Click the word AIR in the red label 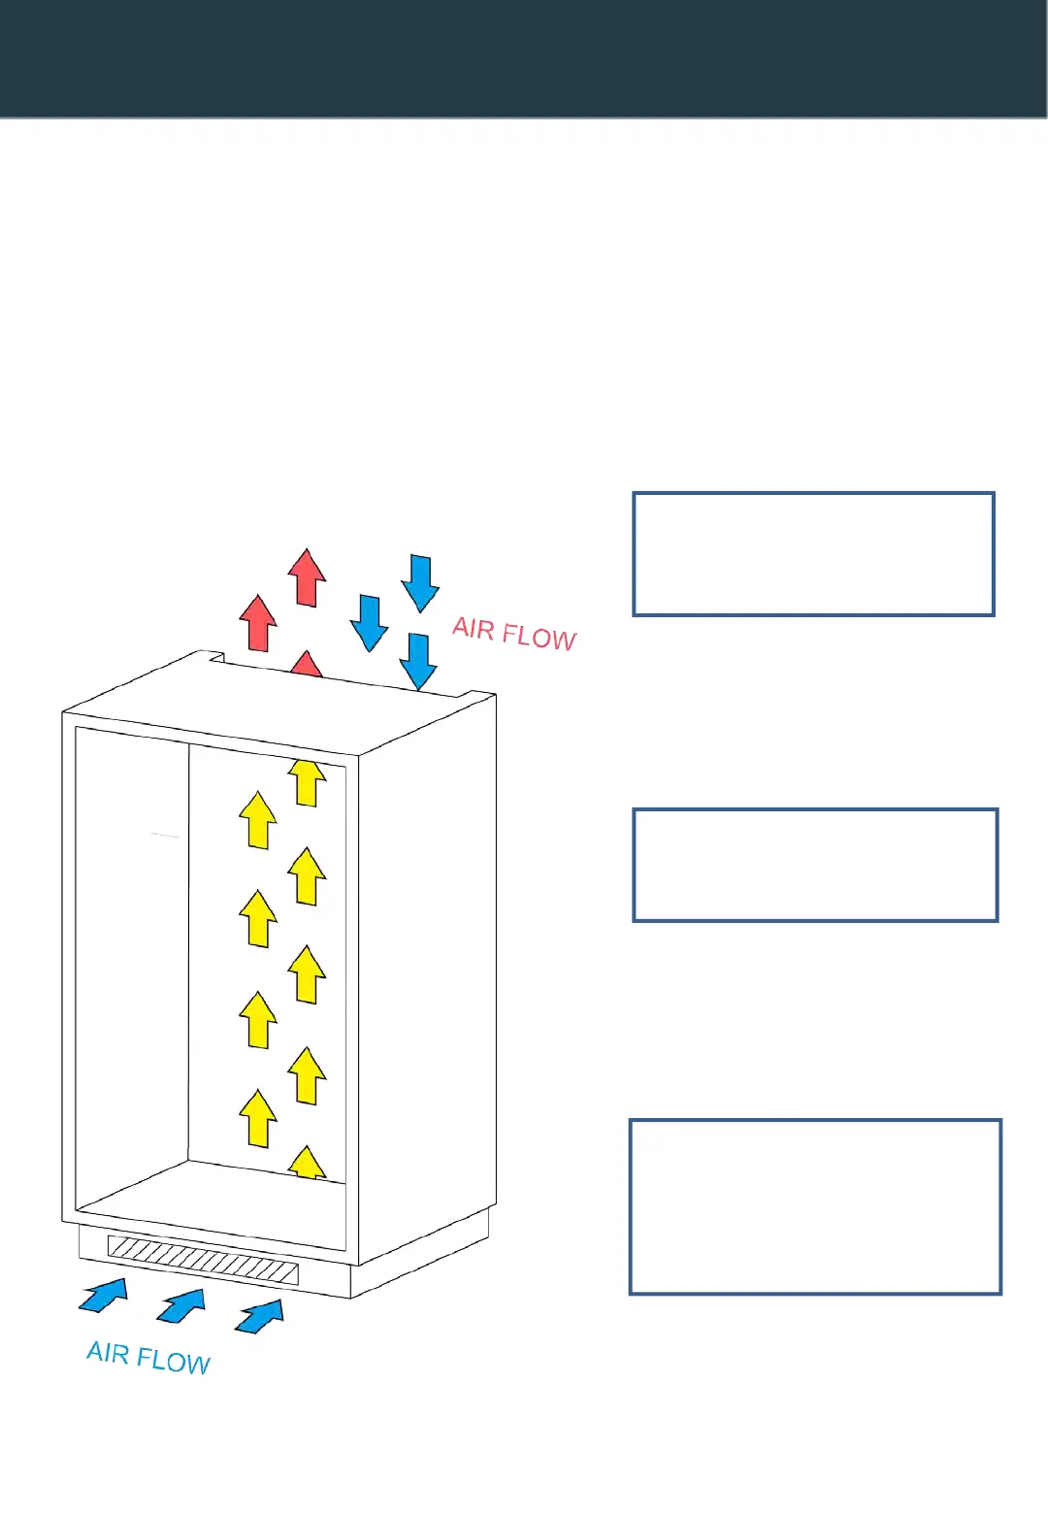click(474, 629)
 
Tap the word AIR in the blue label click(108, 1352)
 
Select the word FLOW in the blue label click(174, 1361)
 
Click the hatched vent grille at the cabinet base click(203, 1260)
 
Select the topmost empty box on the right click(813, 554)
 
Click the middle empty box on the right click(815, 865)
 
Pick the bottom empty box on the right click(815, 1206)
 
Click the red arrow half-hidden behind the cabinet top click(307, 666)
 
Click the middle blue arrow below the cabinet click(181, 1305)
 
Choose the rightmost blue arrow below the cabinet click(260, 1316)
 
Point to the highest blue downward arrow click(420, 582)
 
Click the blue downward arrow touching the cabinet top click(418, 661)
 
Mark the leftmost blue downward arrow click(369, 622)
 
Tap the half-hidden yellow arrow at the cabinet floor click(307, 1163)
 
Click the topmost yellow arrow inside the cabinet click(308, 782)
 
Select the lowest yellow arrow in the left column click(258, 1118)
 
